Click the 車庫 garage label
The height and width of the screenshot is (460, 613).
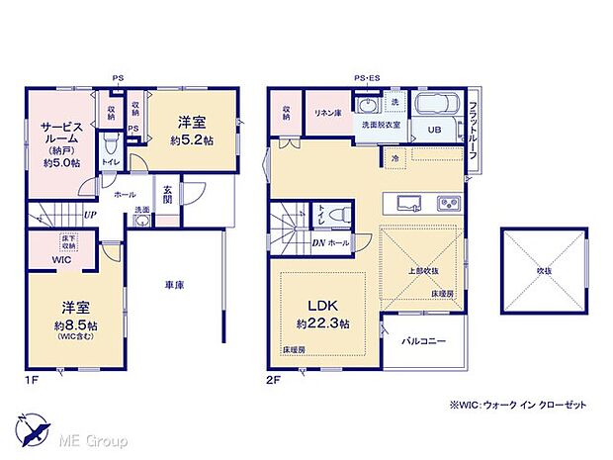point(175,285)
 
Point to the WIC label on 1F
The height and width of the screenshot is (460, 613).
point(60,259)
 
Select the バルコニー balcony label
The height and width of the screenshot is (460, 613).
point(424,341)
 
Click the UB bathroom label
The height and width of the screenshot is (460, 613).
point(433,130)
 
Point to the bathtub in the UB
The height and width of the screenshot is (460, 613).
point(435,106)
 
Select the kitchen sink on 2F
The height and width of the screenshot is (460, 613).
point(410,203)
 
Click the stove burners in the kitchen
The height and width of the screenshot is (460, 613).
point(449,204)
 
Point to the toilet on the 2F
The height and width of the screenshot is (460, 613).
point(339,213)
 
